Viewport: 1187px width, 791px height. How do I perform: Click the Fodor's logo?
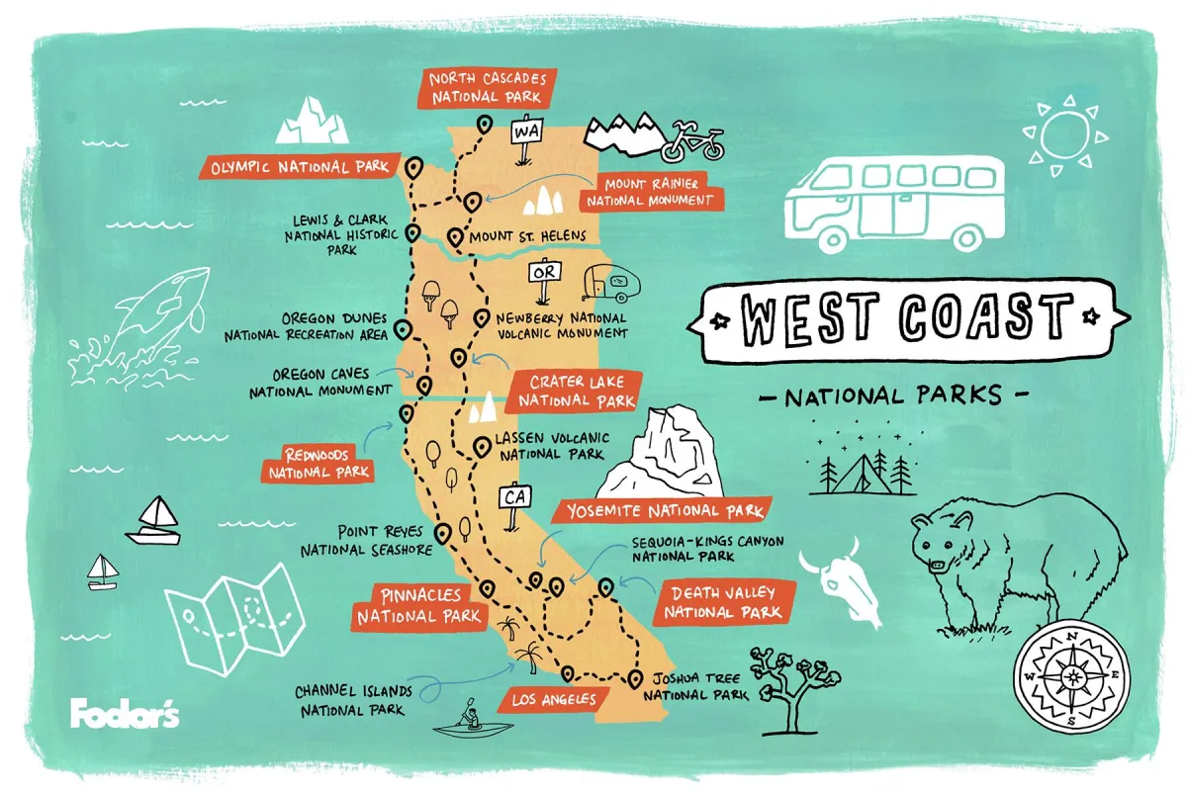pyautogui.click(x=125, y=713)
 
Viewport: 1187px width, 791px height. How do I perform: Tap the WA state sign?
pyautogui.click(x=523, y=131)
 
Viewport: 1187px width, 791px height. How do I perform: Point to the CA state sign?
pyautogui.click(x=514, y=497)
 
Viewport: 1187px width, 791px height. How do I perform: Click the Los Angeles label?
pyautogui.click(x=553, y=700)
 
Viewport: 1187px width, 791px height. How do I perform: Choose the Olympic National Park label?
pyautogui.click(x=300, y=167)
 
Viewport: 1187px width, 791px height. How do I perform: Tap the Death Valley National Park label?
pyautogui.click(x=724, y=603)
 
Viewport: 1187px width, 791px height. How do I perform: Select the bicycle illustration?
pyautogui.click(x=691, y=141)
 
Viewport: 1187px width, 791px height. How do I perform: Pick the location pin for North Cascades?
pyautogui.click(x=485, y=126)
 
